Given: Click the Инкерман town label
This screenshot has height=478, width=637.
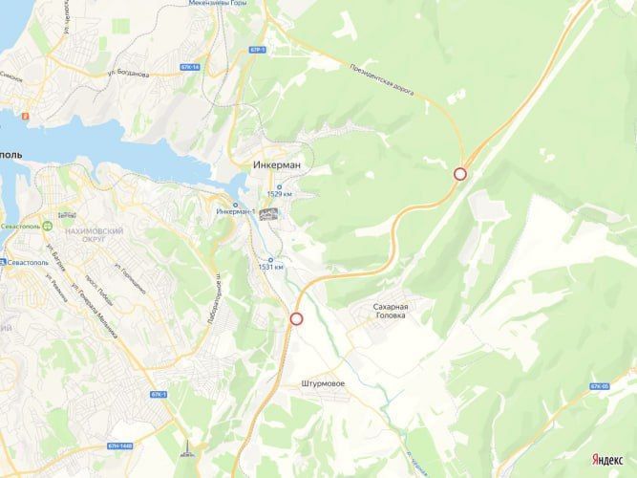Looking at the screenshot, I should click(278, 164).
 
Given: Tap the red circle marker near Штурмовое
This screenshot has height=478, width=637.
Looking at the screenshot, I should click(296, 319).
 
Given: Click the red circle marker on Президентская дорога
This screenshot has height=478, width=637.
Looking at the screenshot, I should click(460, 174).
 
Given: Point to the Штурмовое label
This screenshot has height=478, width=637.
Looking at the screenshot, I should click(322, 383).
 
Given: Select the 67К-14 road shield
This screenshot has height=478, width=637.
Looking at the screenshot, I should click(190, 67).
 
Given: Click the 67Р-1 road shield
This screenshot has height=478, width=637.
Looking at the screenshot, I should click(256, 48).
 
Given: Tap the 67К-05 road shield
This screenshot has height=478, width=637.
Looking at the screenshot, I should click(599, 386).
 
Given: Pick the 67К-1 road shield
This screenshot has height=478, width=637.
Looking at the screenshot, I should click(159, 394).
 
